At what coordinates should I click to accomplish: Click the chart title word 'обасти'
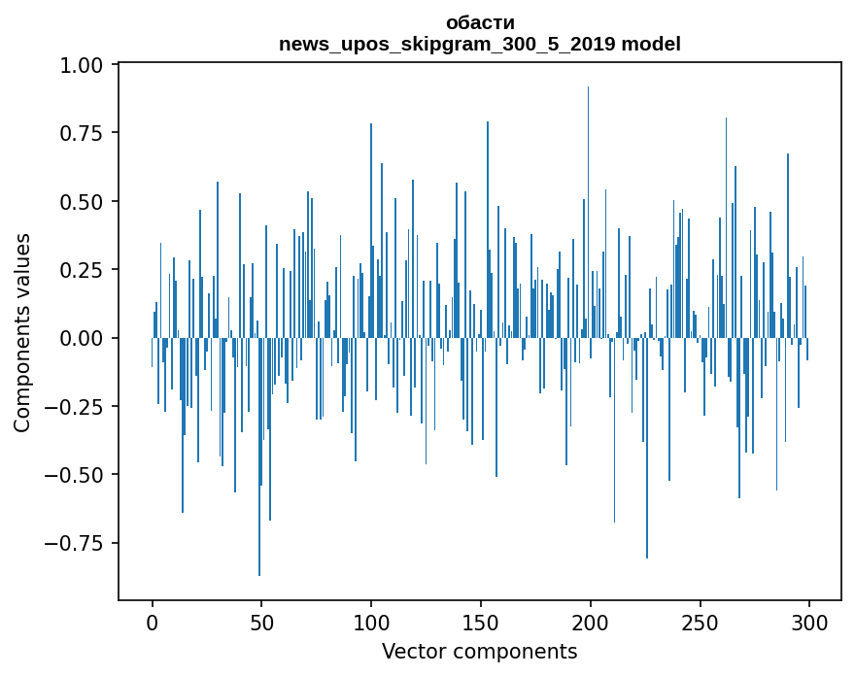[x=480, y=22]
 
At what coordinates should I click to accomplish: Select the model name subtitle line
[x=480, y=44]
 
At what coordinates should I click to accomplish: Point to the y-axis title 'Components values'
[x=22, y=332]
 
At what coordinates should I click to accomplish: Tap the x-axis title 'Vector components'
[x=480, y=652]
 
